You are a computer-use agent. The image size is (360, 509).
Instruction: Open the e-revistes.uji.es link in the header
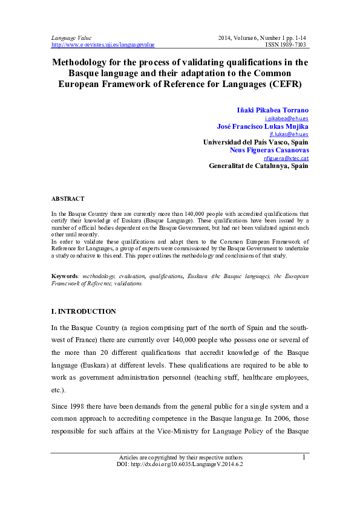pos(103,45)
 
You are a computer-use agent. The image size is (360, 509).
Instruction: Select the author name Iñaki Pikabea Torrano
pos(272,110)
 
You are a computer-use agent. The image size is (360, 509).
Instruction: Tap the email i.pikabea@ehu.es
pos(291,119)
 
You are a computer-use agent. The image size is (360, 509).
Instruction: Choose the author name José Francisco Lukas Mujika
pos(263,126)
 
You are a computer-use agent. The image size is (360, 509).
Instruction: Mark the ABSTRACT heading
pos(68,198)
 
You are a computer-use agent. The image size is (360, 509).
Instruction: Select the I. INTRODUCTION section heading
pos(83,311)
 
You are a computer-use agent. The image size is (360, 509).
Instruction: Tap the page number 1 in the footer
pos(303,458)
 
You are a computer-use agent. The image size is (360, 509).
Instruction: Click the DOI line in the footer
pos(180,464)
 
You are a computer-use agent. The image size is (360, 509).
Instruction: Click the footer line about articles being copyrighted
pos(180,458)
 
